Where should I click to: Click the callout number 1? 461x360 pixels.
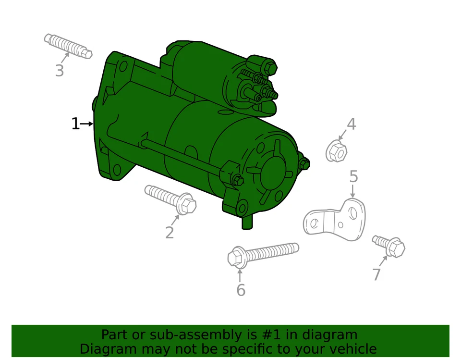(75, 124)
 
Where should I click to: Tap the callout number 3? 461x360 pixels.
(59, 71)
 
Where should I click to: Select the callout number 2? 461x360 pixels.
(170, 233)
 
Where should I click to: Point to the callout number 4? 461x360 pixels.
(352, 124)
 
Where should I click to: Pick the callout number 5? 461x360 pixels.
(353, 177)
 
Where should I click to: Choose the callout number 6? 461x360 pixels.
(241, 290)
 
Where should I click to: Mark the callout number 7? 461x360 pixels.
(376, 274)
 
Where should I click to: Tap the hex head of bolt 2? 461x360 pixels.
(187, 205)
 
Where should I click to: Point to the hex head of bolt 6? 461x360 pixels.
(236, 257)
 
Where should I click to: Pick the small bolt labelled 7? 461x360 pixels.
(389, 246)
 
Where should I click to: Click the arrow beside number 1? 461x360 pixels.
(87, 124)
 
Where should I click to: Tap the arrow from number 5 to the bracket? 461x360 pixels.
(353, 191)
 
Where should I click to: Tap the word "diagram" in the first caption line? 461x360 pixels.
(330, 335)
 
